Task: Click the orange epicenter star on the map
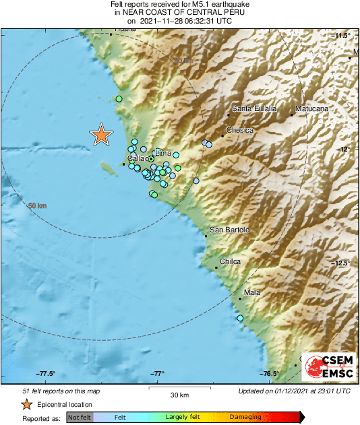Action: point(101,135)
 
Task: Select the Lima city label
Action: point(164,153)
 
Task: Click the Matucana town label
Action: point(311,108)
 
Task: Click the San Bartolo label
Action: point(229,230)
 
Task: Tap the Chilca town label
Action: point(231,261)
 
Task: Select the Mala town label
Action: point(252,292)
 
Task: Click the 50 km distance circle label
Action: point(37,205)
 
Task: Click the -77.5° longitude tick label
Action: point(45,374)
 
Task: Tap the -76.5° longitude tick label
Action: point(270,374)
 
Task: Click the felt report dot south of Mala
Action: point(240,318)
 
